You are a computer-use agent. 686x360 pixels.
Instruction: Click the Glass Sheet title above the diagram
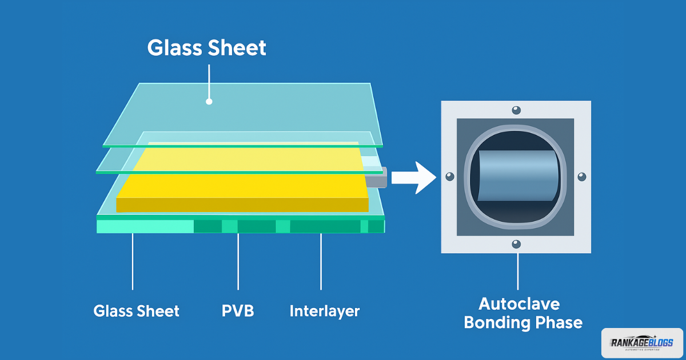[x=207, y=48]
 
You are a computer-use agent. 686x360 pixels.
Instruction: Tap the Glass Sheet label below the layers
[x=137, y=311]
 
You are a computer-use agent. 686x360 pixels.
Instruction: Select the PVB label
[x=238, y=311]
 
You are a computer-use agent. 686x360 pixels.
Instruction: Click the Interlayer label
[x=324, y=311]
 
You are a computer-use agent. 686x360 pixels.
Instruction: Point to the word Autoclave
[x=519, y=303]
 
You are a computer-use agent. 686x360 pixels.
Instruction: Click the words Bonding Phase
[x=523, y=322]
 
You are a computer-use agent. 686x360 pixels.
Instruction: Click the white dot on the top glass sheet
[x=209, y=102]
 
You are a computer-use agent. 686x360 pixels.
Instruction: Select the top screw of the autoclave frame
[x=516, y=110]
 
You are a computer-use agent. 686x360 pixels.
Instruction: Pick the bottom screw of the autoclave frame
[x=516, y=244]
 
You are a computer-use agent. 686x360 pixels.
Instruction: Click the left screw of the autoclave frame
[x=450, y=177]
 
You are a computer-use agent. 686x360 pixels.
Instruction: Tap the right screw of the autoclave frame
[x=582, y=177]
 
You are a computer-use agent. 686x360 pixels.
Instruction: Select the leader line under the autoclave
[x=518, y=271]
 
